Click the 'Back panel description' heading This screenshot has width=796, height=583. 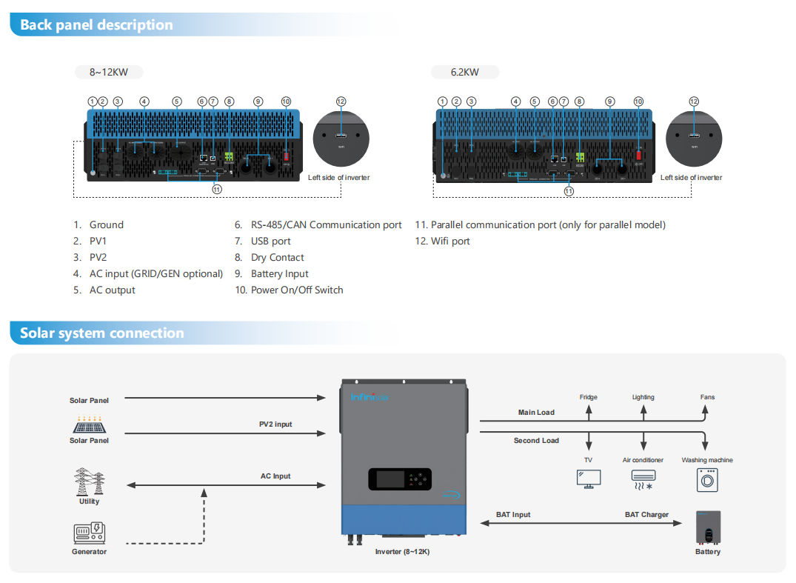coord(96,24)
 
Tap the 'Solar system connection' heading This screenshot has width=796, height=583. coord(101,333)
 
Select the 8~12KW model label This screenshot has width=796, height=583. coord(109,72)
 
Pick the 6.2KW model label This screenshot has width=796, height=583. coord(465,72)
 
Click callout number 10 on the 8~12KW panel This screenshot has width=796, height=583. coord(286,101)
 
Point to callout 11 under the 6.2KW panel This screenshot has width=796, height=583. coord(569,190)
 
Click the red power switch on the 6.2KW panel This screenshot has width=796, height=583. coord(638,156)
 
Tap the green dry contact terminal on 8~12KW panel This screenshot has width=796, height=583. coord(230,156)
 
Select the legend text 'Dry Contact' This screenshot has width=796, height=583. coord(277,257)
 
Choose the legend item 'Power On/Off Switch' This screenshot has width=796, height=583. coord(297,290)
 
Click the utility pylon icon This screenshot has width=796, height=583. coord(89,482)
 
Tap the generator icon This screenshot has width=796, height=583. coord(90,533)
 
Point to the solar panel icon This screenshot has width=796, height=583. coord(89,424)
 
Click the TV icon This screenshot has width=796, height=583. coord(589,479)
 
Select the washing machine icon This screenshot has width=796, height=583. coord(707,479)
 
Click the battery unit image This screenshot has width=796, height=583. coord(708,528)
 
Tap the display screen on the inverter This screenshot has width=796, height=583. coord(389,479)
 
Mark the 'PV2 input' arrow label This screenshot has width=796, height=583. coord(275,424)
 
